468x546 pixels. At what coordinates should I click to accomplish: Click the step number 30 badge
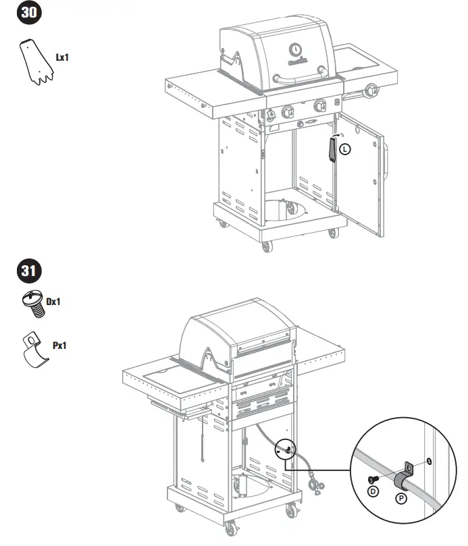tap(29, 13)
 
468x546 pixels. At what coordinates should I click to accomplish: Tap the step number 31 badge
tap(29, 273)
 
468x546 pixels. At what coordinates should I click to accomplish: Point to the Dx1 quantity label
tap(54, 302)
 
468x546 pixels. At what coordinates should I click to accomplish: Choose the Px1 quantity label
tap(60, 346)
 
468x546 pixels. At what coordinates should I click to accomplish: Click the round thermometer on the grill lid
tap(296, 49)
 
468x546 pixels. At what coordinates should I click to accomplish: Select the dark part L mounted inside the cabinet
tap(332, 148)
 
